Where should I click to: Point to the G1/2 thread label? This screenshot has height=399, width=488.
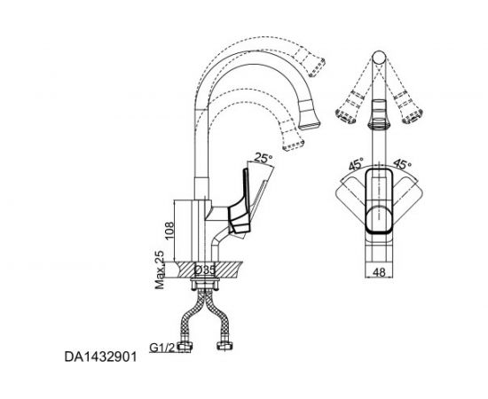pyautogui.click(x=163, y=347)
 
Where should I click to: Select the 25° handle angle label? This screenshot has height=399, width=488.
pyautogui.click(x=262, y=160)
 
